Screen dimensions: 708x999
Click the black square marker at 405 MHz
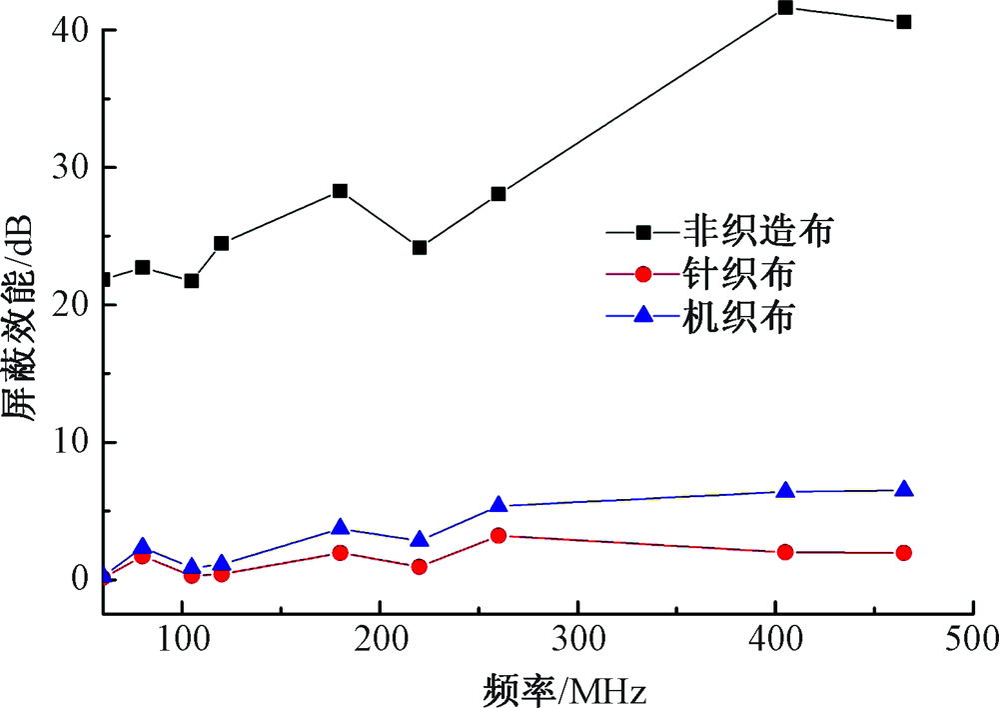point(785,8)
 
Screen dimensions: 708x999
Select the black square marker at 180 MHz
point(340,191)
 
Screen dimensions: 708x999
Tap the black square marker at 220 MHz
point(420,247)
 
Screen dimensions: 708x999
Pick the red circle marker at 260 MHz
point(499,535)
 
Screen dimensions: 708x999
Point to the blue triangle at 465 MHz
point(904,489)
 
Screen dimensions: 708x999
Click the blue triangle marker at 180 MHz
point(340,527)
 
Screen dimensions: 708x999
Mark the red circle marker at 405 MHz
point(785,551)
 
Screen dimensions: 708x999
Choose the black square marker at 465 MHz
point(904,22)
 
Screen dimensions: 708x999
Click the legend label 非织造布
point(759,232)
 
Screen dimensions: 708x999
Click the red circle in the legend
point(643,273)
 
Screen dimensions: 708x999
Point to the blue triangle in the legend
point(643,315)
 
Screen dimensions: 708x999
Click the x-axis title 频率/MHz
point(565,688)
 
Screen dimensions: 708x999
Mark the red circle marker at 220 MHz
point(420,567)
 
